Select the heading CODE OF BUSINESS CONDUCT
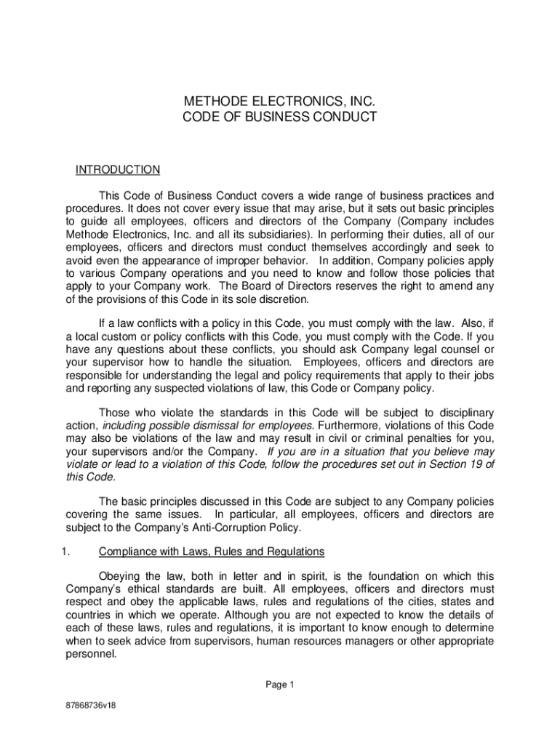pos(280,116)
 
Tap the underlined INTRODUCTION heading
pos(118,170)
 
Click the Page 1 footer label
pos(279,684)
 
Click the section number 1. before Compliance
pos(65,550)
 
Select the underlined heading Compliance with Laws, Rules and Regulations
pos(211,550)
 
